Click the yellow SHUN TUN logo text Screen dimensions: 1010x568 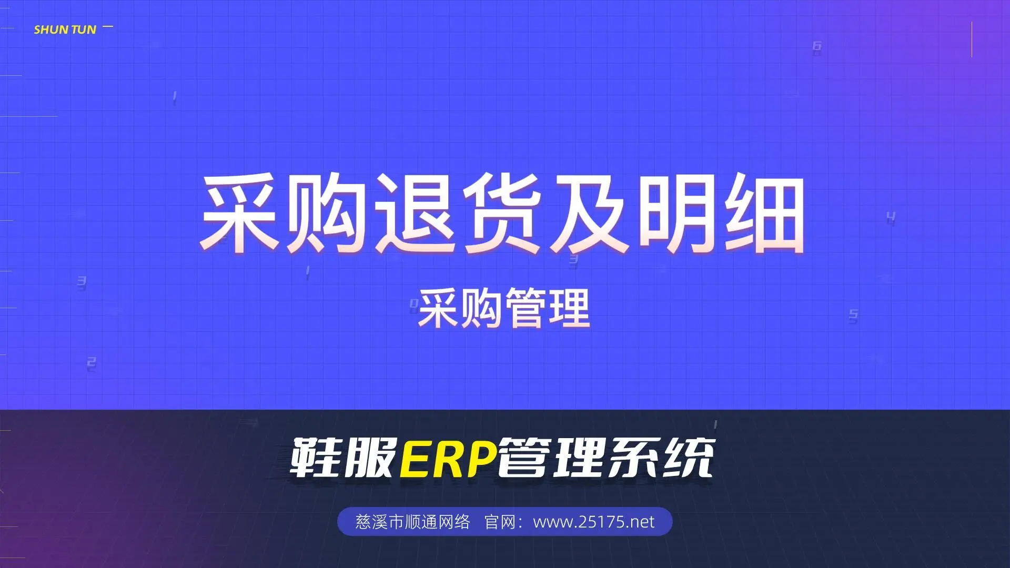(65, 30)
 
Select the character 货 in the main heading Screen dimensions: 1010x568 (502, 213)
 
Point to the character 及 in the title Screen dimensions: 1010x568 (589, 213)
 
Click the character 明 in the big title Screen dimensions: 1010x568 (678, 213)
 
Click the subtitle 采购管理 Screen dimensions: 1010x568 (504, 309)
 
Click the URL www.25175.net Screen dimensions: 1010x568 (594, 522)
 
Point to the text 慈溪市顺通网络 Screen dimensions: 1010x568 (412, 522)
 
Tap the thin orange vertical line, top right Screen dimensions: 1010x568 (972, 39)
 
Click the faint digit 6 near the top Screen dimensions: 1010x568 (817, 46)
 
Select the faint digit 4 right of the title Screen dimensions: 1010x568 (891, 217)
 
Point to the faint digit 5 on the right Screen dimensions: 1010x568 (853, 315)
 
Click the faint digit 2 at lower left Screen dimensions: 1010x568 (92, 363)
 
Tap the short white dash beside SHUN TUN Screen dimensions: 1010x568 (108, 26)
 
